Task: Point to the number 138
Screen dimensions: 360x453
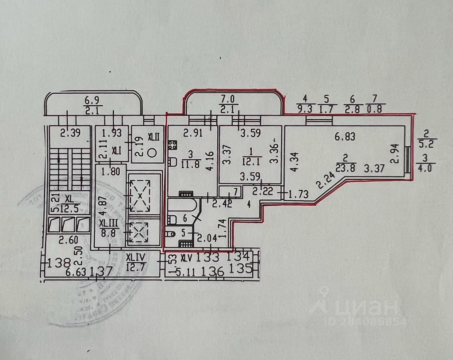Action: pos(59,264)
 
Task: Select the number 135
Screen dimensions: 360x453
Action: pos(240,268)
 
